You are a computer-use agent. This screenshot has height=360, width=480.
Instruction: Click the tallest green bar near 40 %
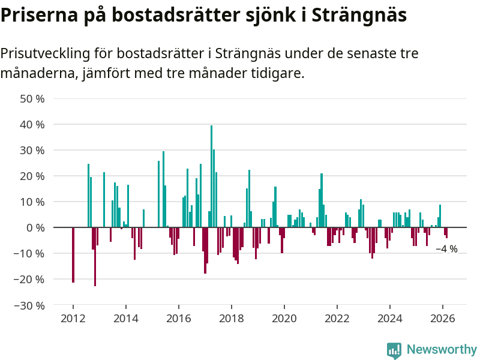click(211, 176)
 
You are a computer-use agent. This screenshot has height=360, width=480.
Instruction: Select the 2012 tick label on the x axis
click(73, 318)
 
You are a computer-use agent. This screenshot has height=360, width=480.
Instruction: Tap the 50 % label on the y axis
click(33, 98)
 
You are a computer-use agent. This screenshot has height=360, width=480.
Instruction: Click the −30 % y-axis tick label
click(29, 305)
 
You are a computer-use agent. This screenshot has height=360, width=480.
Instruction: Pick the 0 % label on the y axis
click(35, 228)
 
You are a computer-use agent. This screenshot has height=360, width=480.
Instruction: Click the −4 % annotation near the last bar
click(446, 249)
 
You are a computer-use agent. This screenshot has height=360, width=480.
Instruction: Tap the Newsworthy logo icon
click(394, 350)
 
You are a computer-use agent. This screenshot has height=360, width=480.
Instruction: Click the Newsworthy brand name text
click(442, 350)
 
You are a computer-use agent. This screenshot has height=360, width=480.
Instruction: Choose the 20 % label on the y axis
click(33, 176)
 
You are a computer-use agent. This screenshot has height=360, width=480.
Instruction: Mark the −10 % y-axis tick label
click(29, 254)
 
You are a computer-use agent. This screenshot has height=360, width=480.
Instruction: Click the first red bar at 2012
click(73, 255)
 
